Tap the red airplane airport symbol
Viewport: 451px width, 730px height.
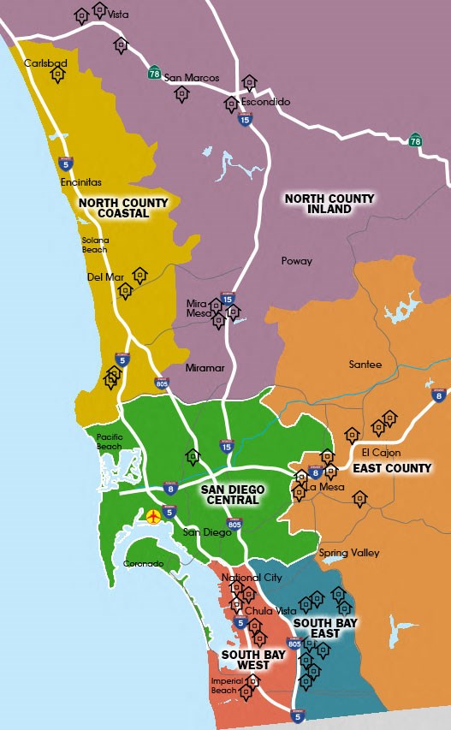pyautogui.click(x=153, y=516)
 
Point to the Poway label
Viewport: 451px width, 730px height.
pyautogui.click(x=297, y=261)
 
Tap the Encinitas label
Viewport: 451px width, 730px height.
pyautogui.click(x=81, y=182)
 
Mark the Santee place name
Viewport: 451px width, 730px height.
pyautogui.click(x=365, y=365)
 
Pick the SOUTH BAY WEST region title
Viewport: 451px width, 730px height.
pyautogui.click(x=247, y=660)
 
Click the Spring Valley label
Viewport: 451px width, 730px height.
pyautogui.click(x=349, y=553)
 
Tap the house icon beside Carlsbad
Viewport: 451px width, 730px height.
pyautogui.click(x=57, y=74)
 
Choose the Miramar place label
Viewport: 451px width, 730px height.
pyautogui.click(x=205, y=368)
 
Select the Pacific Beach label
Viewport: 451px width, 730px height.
pyautogui.click(x=110, y=441)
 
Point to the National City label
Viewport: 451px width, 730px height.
pyautogui.click(x=252, y=578)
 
